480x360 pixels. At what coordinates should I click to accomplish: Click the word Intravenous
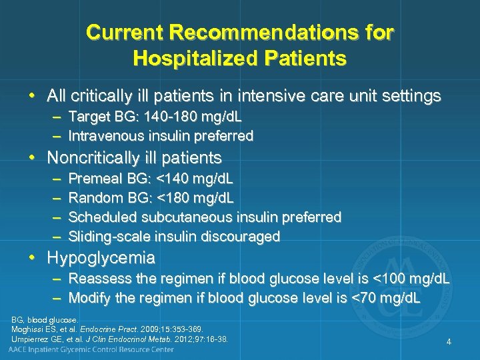(107, 136)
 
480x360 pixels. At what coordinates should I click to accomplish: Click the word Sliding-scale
(110, 236)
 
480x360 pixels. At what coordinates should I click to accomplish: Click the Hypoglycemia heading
(101, 257)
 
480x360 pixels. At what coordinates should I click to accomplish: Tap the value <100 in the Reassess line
(393, 279)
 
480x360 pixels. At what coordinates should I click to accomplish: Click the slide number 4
(449, 342)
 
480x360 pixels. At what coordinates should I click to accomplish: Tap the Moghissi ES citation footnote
(107, 329)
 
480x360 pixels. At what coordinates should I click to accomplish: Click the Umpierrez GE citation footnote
(119, 339)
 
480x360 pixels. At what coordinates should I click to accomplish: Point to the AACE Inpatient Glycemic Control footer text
(91, 349)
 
